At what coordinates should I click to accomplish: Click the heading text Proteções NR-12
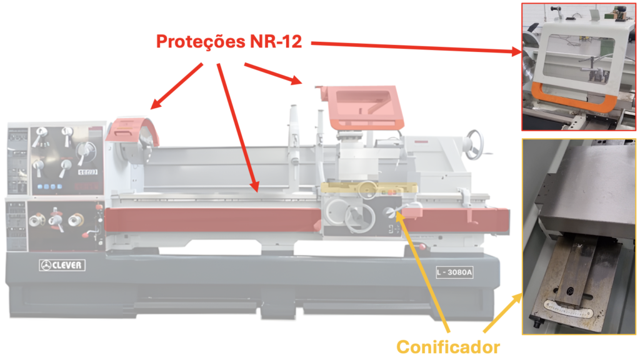pyautogui.click(x=229, y=42)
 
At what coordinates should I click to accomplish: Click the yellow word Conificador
pyautogui.click(x=447, y=346)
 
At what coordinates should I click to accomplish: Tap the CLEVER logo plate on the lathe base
pyautogui.click(x=62, y=265)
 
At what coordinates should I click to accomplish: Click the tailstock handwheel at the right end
pyautogui.click(x=477, y=142)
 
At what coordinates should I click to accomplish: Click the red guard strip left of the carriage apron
pyautogui.click(x=212, y=219)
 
